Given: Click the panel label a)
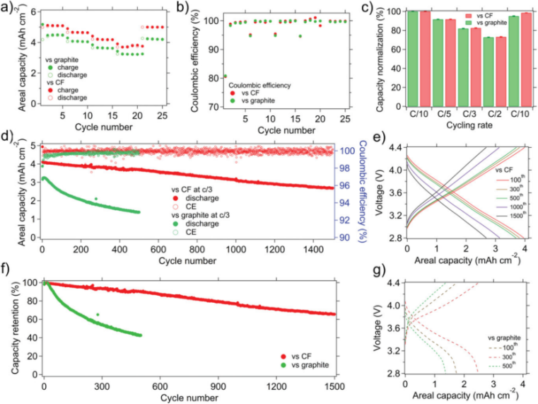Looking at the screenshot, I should pos(8,8).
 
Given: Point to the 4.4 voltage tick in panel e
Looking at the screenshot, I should pos(394,146).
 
